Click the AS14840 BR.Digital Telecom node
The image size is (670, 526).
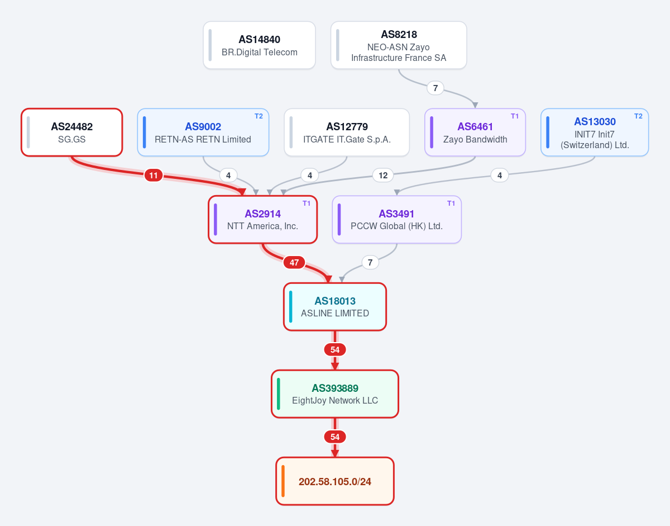click(259, 45)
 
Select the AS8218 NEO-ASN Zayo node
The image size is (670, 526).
click(399, 45)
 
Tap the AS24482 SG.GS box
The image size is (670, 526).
click(72, 132)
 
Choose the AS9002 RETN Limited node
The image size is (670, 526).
click(203, 132)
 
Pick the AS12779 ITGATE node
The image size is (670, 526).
click(347, 132)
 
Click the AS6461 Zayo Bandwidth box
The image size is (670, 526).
click(475, 132)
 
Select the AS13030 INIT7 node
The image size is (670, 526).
click(595, 132)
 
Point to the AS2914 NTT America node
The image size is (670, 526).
click(263, 220)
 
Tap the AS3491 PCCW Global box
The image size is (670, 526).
click(397, 220)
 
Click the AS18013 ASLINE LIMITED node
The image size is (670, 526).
click(335, 307)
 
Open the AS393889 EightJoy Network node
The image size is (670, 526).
click(335, 394)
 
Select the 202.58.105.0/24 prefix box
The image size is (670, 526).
click(335, 481)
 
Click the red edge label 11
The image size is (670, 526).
click(154, 176)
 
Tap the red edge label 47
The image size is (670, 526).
click(294, 262)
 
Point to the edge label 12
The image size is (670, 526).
click(383, 176)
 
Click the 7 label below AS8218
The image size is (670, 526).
click(435, 88)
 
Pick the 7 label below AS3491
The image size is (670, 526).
click(370, 262)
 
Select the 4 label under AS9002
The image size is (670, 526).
click(228, 176)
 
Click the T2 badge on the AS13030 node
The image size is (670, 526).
click(638, 116)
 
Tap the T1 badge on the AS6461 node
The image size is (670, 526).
click(515, 116)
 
